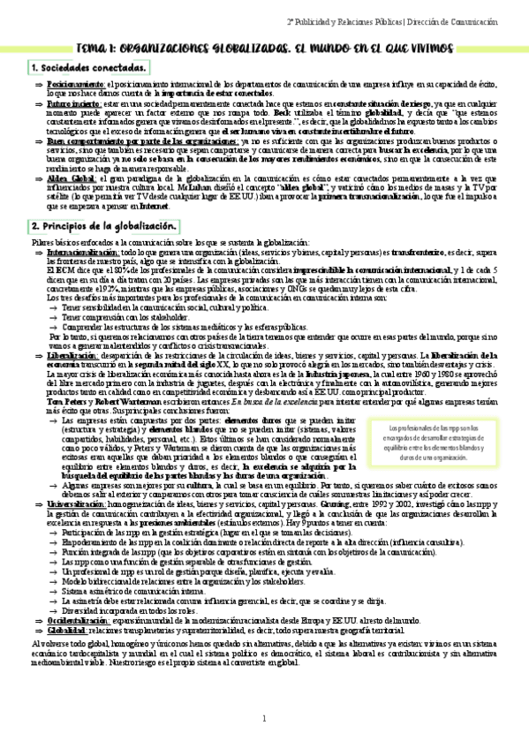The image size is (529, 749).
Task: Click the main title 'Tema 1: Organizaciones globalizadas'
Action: point(265,44)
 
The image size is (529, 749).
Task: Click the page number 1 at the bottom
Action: point(263,718)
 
